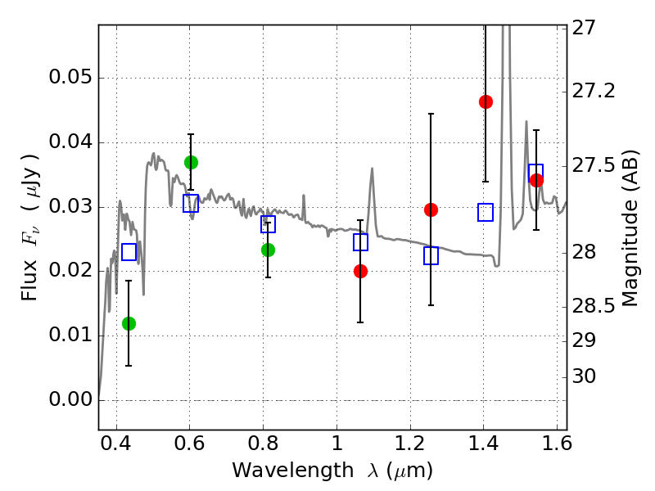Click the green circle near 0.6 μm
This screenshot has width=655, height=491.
(x=191, y=162)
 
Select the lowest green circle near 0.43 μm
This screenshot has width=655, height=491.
(x=129, y=323)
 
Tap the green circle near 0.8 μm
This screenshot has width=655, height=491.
(x=269, y=250)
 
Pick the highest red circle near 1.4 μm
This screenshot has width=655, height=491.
(x=486, y=101)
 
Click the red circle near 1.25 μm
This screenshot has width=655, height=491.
(x=431, y=209)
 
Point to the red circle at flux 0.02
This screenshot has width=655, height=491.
(x=360, y=272)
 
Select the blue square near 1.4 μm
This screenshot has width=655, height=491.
(x=486, y=213)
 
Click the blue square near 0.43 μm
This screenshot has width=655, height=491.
(x=129, y=252)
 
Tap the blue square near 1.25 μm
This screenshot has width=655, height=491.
(x=431, y=255)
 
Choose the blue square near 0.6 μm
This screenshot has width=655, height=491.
(x=191, y=203)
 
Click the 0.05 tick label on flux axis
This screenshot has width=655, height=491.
(x=70, y=77)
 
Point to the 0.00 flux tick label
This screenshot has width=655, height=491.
(x=70, y=399)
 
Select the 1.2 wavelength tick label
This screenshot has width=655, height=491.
(x=410, y=444)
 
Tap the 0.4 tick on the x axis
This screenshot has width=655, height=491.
(x=116, y=444)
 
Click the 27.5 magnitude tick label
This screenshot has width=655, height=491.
(x=593, y=166)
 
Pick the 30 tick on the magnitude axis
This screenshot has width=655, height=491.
(x=584, y=376)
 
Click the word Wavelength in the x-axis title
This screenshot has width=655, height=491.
(x=293, y=471)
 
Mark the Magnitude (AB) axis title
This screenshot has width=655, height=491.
(x=630, y=229)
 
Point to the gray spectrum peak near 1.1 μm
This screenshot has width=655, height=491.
(x=372, y=169)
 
